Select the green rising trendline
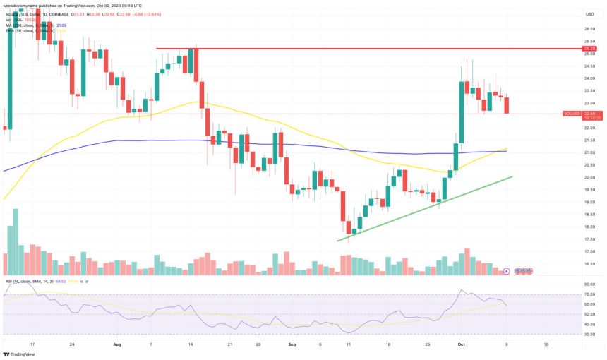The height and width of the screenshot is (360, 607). click(x=423, y=209)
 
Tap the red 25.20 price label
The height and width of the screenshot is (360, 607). click(x=588, y=49)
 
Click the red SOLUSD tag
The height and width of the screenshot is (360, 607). click(x=571, y=114)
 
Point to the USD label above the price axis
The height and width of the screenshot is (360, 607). click(x=588, y=13)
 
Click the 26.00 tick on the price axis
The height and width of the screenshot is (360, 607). click(x=588, y=29)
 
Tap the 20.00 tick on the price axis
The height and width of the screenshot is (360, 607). click(x=588, y=177)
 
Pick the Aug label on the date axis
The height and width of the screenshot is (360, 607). click(x=117, y=345)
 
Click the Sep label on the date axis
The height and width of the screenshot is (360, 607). click(x=291, y=345)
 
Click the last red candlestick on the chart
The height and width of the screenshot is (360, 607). click(x=507, y=105)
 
